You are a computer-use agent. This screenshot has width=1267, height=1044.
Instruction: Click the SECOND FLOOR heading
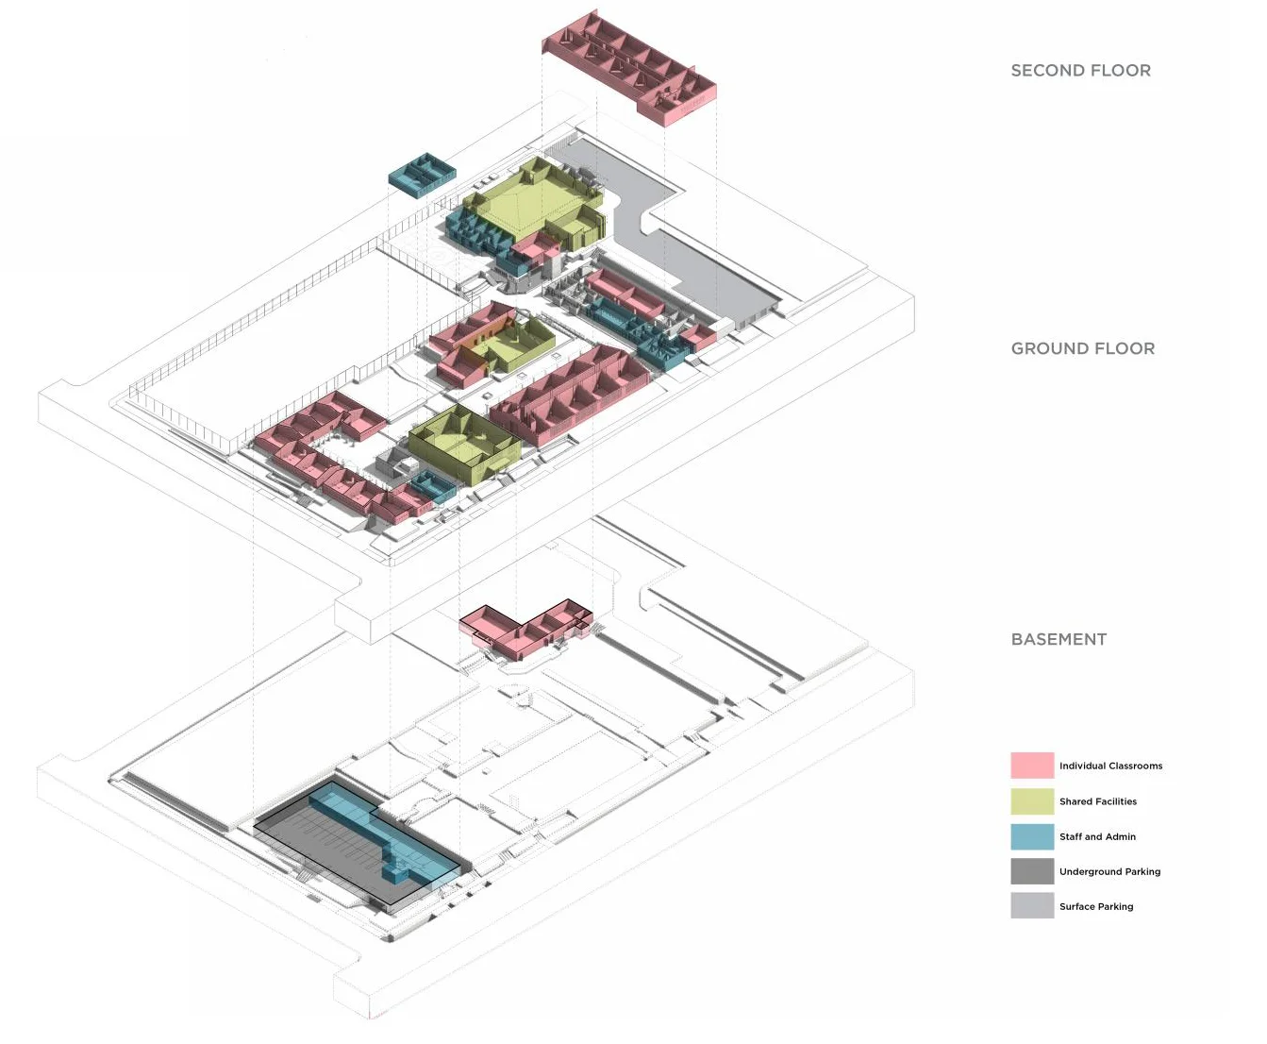pos(1080,71)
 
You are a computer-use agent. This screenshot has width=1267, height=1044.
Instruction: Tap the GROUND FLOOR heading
pos(1082,348)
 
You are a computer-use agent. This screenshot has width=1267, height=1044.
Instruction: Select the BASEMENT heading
pos(1059,639)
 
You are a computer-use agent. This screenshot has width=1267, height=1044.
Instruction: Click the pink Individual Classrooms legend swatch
pos(1031,766)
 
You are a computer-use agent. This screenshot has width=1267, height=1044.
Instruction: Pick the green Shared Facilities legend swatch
pos(1031,801)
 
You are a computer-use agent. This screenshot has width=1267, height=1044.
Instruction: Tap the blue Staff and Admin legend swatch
pos(1031,836)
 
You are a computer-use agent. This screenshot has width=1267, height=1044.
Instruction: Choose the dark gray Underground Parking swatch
pos(1031,871)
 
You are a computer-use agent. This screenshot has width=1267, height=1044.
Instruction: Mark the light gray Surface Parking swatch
pos(1031,906)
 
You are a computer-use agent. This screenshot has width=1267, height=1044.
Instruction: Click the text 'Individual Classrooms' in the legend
pos(1110,766)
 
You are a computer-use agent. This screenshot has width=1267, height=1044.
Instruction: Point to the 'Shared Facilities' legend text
pos(1097,801)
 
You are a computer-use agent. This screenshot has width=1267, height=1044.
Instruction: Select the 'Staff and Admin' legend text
pos(1097,836)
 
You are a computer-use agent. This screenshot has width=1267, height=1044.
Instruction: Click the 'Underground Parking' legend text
pos(1109,871)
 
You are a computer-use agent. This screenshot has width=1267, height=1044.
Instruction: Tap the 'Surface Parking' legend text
pos(1096,906)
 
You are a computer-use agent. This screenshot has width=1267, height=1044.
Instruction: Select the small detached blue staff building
pos(422,175)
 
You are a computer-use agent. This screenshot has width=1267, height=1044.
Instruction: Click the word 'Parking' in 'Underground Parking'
pos(1142,871)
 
